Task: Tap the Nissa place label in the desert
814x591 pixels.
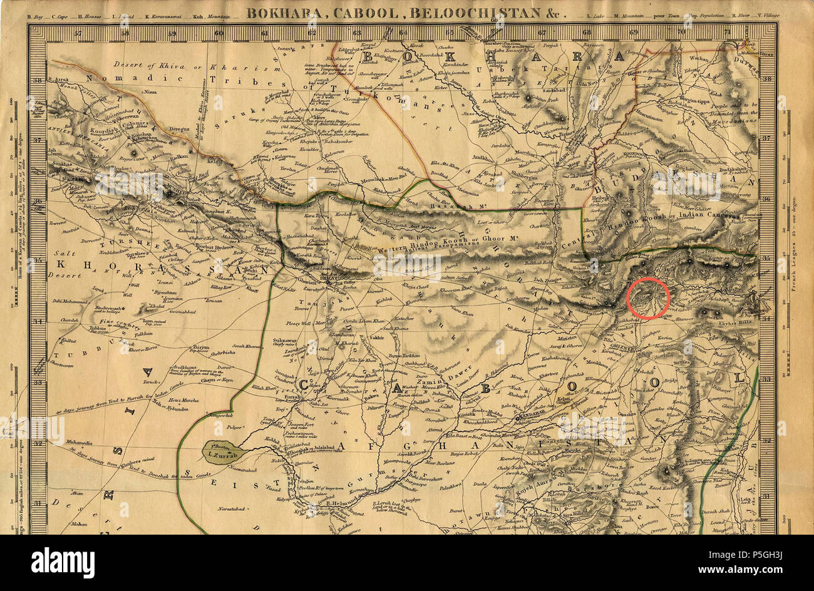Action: tap(149, 92)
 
